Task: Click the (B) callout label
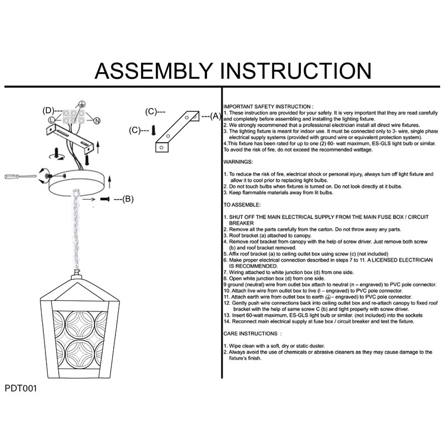[128, 198]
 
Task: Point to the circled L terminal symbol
[52, 120]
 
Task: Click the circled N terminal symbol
[96, 120]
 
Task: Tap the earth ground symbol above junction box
[81, 104]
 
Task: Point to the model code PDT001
[21, 389]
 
